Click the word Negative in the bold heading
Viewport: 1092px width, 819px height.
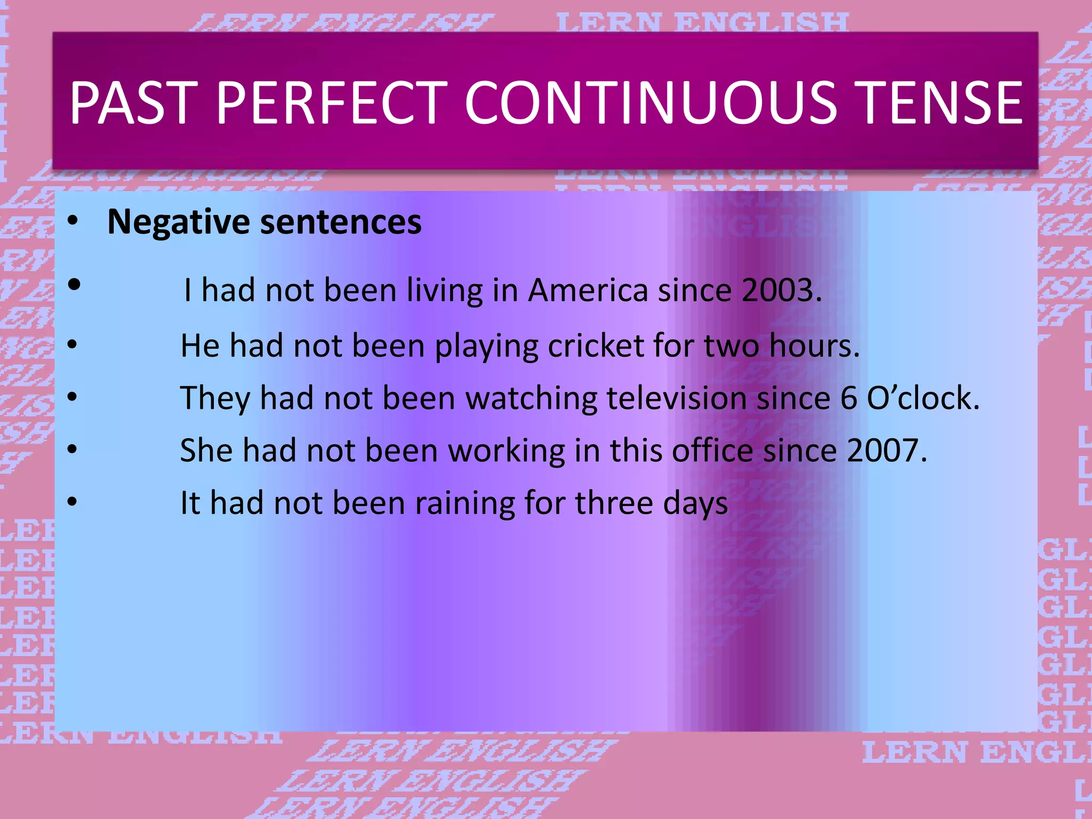click(x=178, y=222)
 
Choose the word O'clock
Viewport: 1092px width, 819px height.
click(x=923, y=398)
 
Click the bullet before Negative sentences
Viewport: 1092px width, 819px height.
click(x=73, y=220)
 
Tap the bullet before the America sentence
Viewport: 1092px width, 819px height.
click(x=74, y=285)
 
